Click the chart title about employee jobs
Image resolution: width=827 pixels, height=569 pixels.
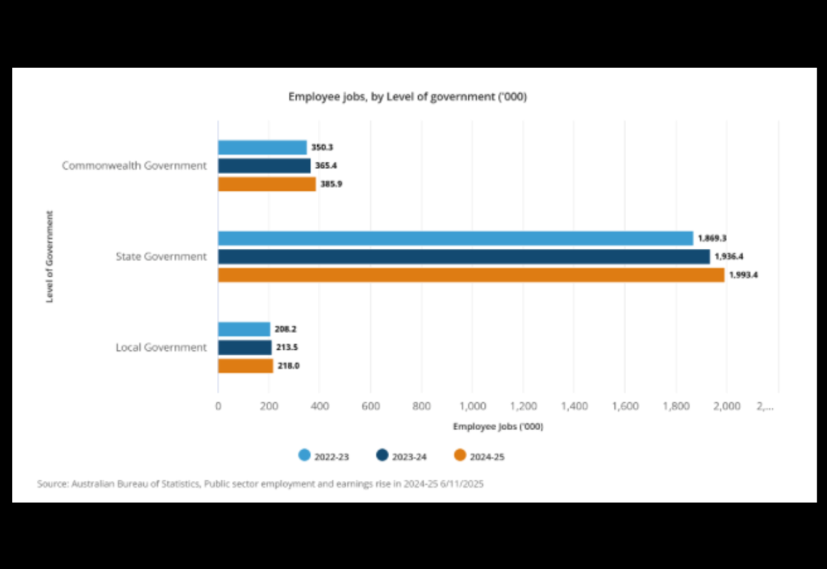pyautogui.click(x=407, y=97)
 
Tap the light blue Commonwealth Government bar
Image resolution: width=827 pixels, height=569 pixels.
pyautogui.click(x=262, y=147)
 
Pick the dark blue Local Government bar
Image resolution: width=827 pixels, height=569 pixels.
pyautogui.click(x=244, y=347)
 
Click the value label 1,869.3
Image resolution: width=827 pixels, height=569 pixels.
pyautogui.click(x=712, y=239)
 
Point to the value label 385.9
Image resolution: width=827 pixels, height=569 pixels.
pyautogui.click(x=331, y=184)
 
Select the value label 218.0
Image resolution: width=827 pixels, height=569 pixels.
pyautogui.click(x=288, y=366)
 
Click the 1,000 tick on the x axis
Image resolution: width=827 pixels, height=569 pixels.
pyautogui.click(x=472, y=406)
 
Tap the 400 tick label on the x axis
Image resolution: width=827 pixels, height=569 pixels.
pyautogui.click(x=320, y=406)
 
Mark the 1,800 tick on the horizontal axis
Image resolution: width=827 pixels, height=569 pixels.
pyautogui.click(x=676, y=406)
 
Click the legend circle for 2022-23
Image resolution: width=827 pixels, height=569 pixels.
pyautogui.click(x=304, y=455)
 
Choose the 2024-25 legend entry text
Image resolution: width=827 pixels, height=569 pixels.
pyautogui.click(x=487, y=457)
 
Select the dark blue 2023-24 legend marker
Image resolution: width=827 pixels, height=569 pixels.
pyautogui.click(x=382, y=455)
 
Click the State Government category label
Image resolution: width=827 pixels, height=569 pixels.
pyautogui.click(x=161, y=257)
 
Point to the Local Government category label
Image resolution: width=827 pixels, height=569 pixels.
pyautogui.click(x=161, y=347)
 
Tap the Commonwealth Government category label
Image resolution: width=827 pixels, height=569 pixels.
pyautogui.click(x=134, y=166)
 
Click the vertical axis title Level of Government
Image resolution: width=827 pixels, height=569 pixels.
pyautogui.click(x=49, y=256)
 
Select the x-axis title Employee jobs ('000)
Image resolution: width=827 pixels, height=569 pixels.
pyautogui.click(x=497, y=427)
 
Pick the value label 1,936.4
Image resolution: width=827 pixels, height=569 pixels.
pyautogui.click(x=729, y=257)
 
